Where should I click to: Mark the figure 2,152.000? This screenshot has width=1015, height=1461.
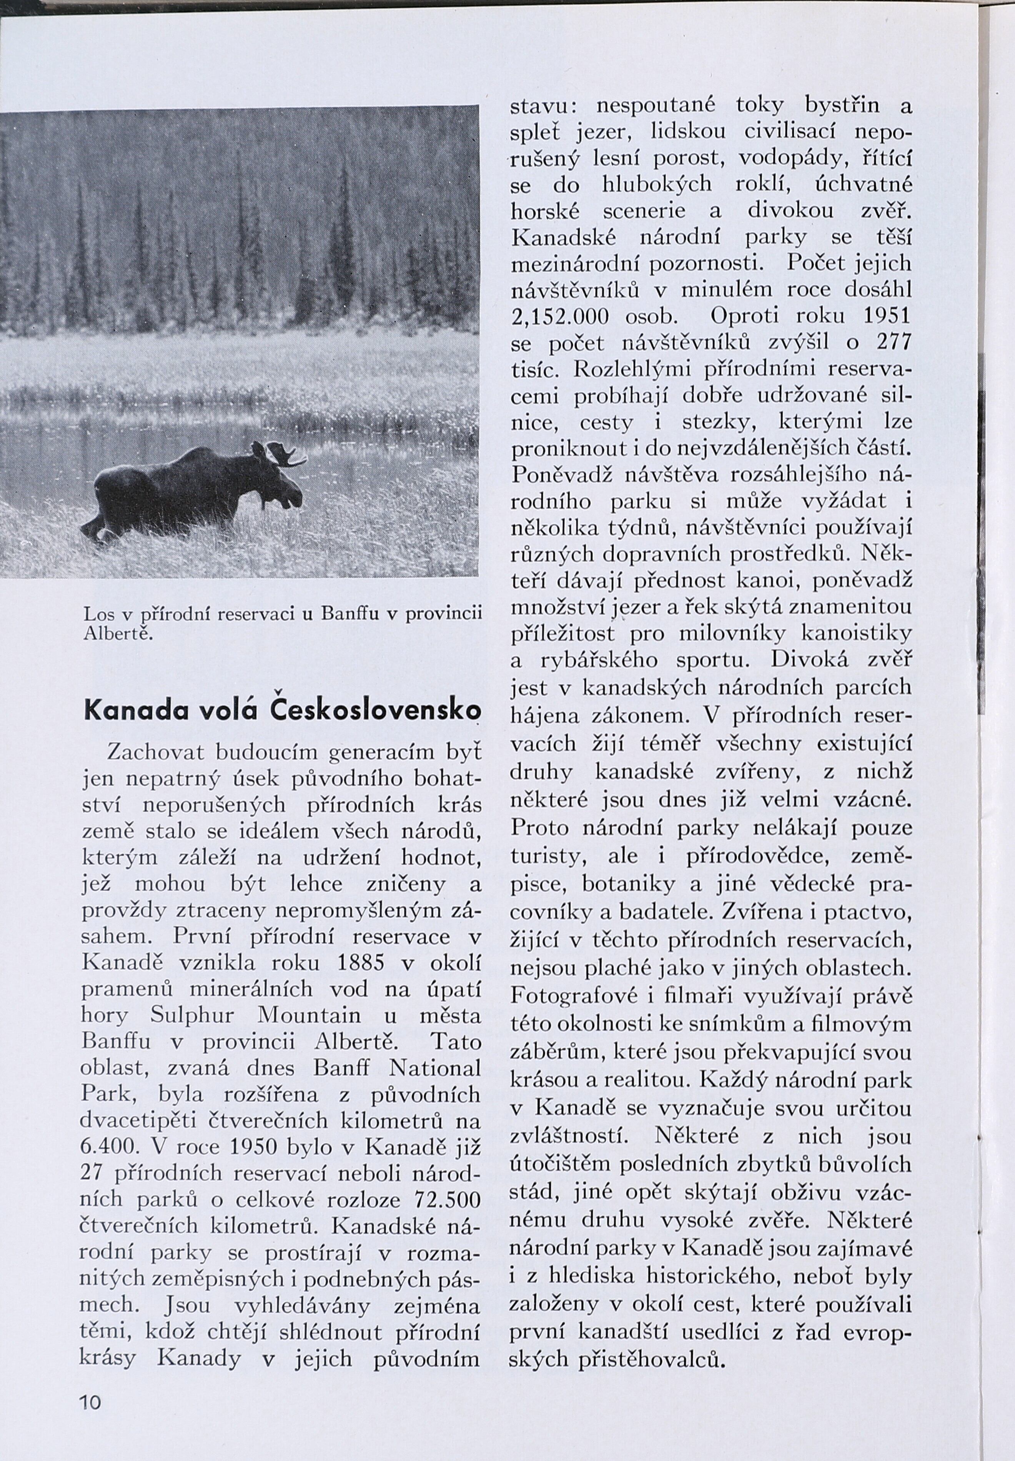[560, 316]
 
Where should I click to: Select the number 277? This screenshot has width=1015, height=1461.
[894, 343]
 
